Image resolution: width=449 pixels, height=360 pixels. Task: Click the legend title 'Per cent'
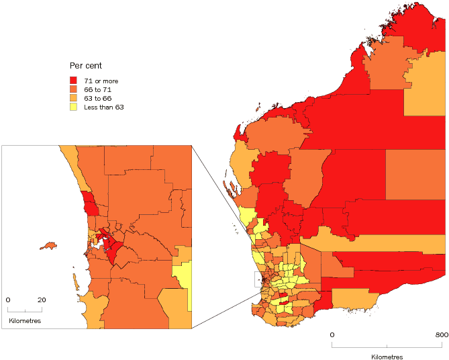coord(86,66)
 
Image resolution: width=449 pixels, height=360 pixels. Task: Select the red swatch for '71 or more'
coord(74,81)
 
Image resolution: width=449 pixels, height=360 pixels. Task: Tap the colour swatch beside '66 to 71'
coord(74,90)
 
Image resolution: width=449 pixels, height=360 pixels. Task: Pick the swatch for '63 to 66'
coord(74,99)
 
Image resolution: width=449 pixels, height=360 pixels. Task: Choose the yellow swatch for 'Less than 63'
coord(74,107)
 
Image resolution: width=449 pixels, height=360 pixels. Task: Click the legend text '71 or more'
coord(101,81)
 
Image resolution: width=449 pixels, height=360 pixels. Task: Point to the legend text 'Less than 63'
coord(104,107)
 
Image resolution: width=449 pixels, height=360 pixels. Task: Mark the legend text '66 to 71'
coord(98,90)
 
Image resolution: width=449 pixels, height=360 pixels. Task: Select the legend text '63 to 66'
coord(98,99)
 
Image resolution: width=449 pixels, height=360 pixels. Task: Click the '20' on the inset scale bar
coord(42,300)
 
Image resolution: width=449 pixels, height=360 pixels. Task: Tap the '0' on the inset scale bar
coord(8,300)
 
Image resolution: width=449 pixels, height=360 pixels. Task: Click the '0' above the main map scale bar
coord(331,334)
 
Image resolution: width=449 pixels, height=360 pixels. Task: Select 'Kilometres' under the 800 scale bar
coord(387,356)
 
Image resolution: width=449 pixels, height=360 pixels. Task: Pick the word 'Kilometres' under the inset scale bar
coord(26,321)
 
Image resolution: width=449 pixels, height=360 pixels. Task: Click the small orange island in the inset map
coord(46,246)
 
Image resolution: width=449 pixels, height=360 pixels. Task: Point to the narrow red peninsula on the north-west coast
coord(238,132)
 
